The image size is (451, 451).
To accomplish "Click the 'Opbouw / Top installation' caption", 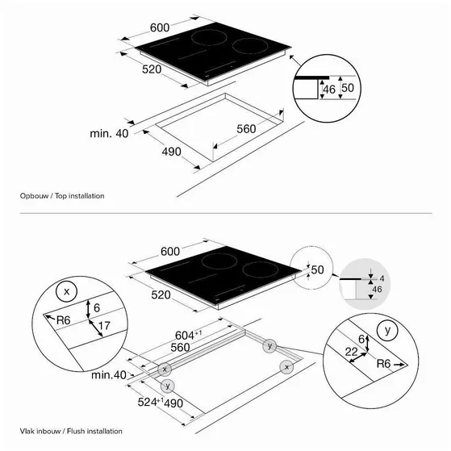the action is point(62,196).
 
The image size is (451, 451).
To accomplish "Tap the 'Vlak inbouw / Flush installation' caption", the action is point(71,431).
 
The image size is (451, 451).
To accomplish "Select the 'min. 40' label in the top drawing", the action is point(109,133).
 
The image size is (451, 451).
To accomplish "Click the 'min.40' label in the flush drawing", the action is point(109,375).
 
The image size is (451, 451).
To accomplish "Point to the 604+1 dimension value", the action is point(189,335).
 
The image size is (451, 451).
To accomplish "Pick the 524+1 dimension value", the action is point(150,402).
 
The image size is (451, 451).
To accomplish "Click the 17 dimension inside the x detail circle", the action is point(104,326).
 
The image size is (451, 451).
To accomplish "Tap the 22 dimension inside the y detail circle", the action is point(351,352).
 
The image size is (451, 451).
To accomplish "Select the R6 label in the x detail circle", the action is point(63,319).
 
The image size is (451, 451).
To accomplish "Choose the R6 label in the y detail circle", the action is point(383,364).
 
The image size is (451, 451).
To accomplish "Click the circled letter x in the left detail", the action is point(67,291).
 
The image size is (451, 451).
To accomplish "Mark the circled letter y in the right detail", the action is point(387,331).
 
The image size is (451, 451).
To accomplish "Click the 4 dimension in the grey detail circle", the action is point(382,278).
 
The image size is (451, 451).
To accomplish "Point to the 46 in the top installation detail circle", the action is point(329,90).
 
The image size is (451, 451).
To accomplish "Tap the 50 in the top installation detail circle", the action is point(348,88).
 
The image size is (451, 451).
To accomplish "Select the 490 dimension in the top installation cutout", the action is point(171,152).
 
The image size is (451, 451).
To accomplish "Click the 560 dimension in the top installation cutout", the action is point(246,128).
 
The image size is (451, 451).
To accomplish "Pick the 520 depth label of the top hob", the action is point(152,69).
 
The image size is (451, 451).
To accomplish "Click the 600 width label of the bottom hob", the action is point(170,252).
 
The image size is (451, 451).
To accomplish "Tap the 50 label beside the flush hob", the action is point(317,269).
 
